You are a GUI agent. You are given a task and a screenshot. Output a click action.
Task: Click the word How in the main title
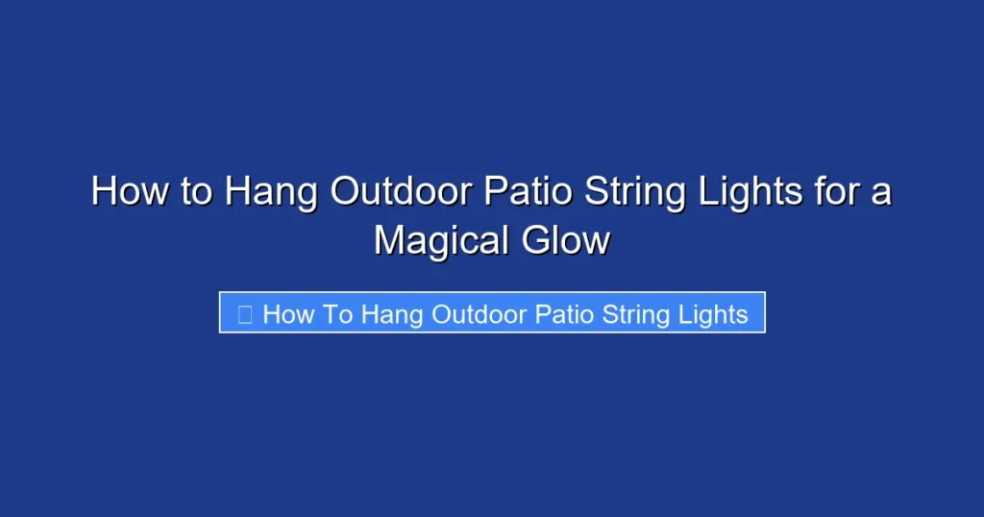(x=125, y=192)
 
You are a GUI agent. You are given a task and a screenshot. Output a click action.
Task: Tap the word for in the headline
(x=835, y=192)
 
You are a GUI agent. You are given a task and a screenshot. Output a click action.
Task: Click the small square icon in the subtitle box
(x=244, y=313)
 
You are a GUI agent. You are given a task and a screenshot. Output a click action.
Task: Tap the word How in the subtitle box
(x=285, y=314)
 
